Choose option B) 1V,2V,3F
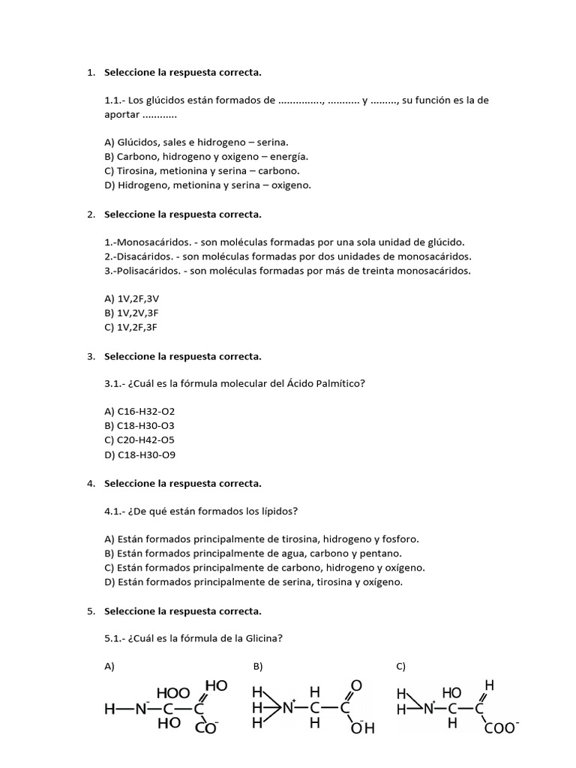pos(132,313)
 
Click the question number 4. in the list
pos(91,483)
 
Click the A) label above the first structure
pos(110,665)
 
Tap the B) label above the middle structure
pos(258,665)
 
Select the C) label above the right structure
pos(401,665)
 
